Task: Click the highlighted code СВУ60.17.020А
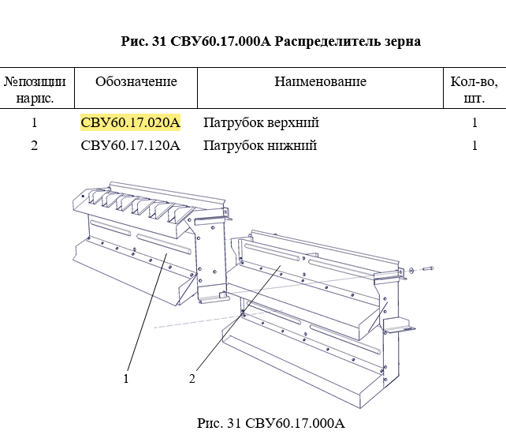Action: (131, 123)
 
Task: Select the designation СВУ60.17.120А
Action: (131, 146)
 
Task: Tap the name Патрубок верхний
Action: (261, 123)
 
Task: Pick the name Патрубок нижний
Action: (259, 146)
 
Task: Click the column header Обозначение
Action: (136, 82)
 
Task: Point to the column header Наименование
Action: (320, 82)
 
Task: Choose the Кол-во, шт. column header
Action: (474, 90)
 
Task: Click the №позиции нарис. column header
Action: (35, 90)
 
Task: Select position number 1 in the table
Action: (35, 123)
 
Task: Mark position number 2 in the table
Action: (35, 146)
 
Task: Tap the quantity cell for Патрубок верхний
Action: (474, 123)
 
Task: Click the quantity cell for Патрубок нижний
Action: (474, 146)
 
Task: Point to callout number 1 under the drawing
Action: (126, 379)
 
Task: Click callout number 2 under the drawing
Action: (192, 379)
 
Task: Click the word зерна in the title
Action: (402, 41)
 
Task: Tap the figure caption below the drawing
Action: (271, 424)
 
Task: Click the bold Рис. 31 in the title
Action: (140, 41)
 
